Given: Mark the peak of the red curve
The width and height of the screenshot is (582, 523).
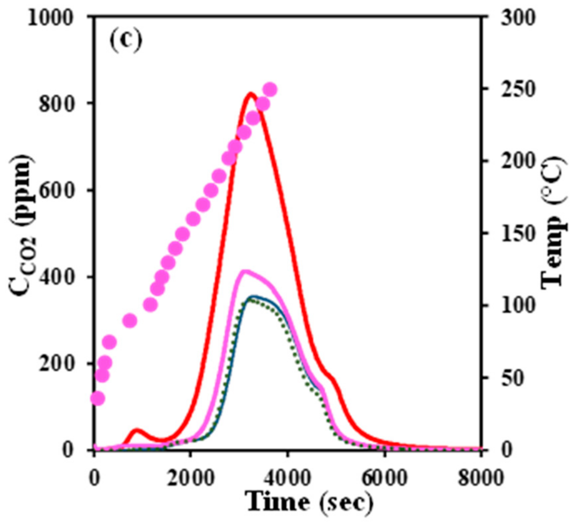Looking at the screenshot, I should pyautogui.click(x=251, y=94).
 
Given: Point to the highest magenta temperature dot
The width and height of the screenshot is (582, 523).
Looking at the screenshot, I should pyautogui.click(x=271, y=90).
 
